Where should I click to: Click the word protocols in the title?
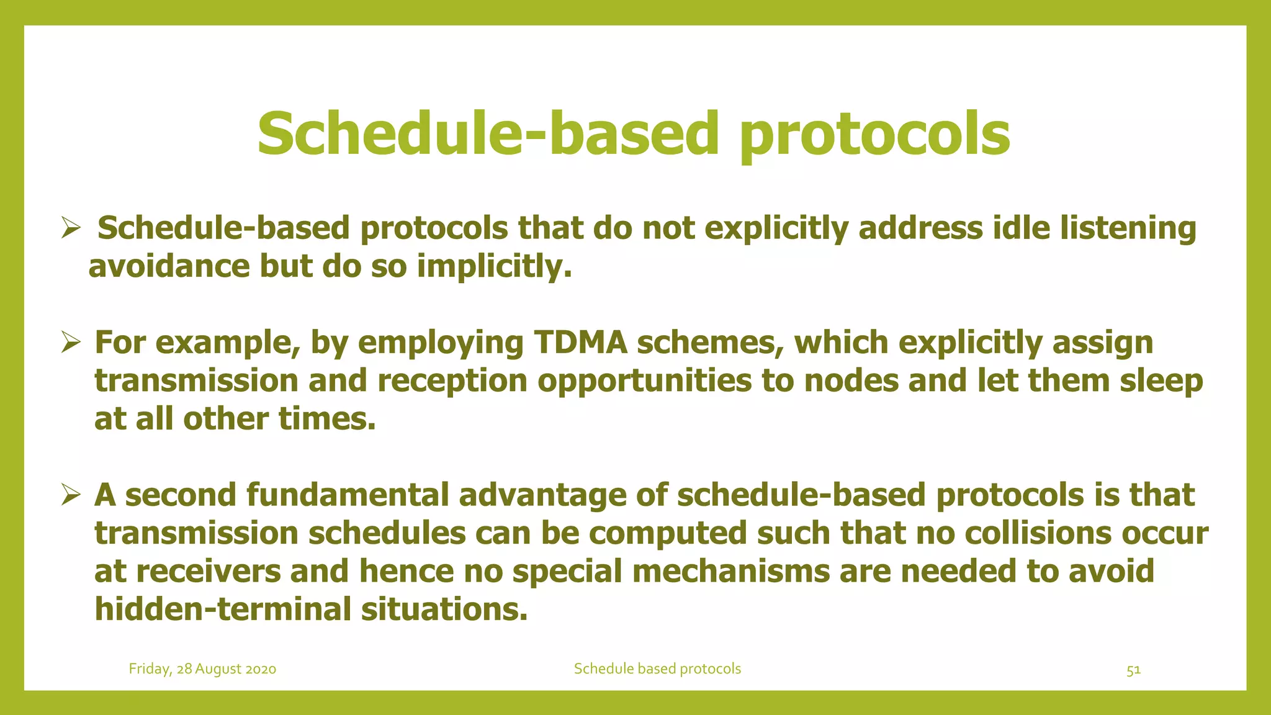875,135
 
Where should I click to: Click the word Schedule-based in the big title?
488,134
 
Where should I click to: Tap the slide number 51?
1133,670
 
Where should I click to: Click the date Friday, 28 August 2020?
202,669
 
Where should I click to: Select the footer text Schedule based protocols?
657,668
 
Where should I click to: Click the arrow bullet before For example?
71,342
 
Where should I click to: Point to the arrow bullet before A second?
71,495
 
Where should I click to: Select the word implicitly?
493,267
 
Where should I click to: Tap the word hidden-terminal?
222,609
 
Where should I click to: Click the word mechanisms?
730,572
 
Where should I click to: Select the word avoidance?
169,267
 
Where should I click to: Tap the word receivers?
209,572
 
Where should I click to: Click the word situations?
444,609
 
